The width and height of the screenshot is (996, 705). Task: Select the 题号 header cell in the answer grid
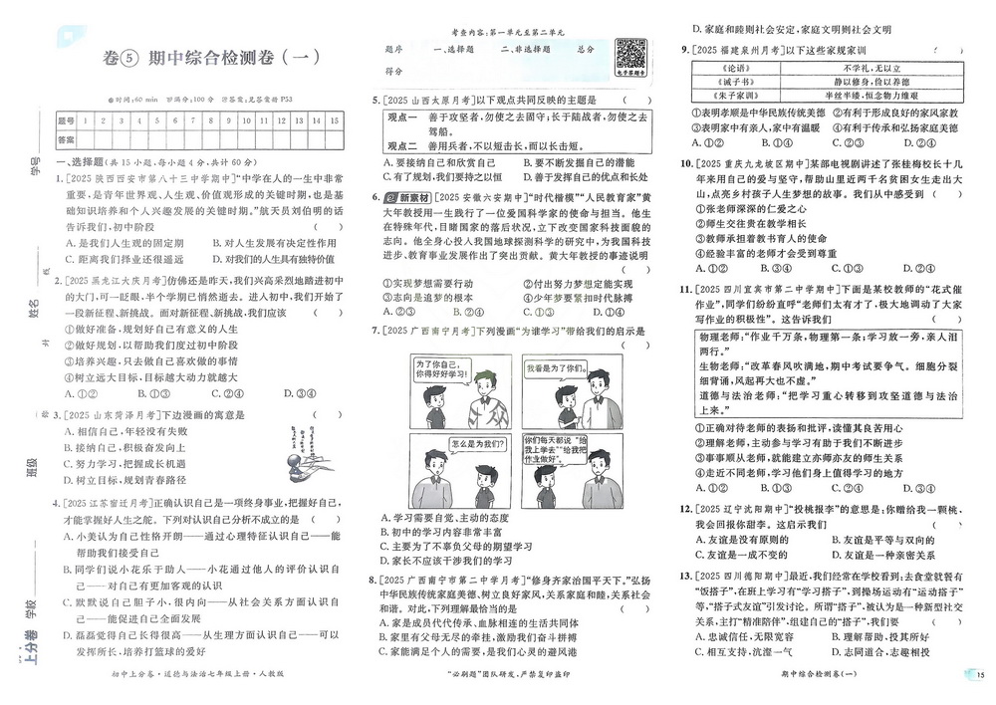pyautogui.click(x=67, y=119)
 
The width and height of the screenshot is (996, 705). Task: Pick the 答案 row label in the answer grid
pyautogui.click(x=67, y=140)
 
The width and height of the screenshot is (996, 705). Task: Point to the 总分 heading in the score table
pyautogui.click(x=585, y=48)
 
